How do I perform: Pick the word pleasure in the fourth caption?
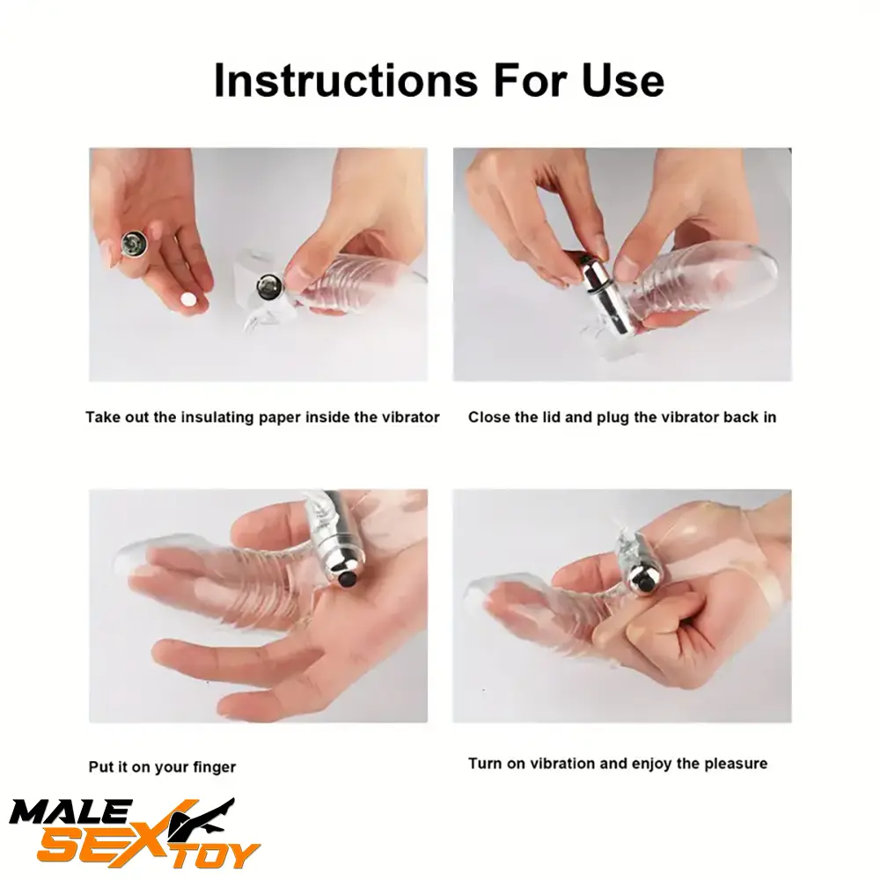coord(735,763)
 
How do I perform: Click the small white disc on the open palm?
coord(187,300)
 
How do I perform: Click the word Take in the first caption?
coord(100,417)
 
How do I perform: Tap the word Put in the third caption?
coord(99,767)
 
